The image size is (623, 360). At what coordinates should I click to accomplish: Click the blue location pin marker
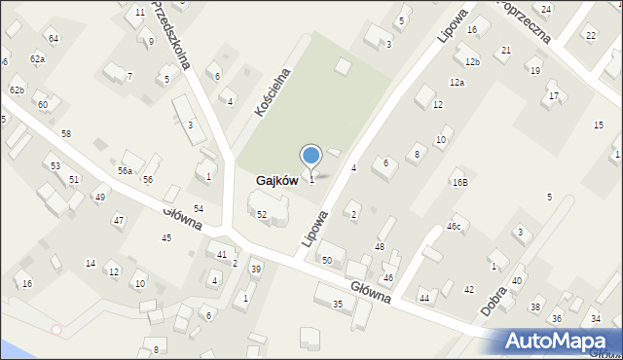[311, 157]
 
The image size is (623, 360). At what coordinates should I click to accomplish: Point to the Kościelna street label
[274, 92]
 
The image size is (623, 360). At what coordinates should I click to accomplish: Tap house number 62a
[37, 59]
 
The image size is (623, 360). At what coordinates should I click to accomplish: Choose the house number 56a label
[125, 170]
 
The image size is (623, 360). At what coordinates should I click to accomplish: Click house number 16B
[459, 182]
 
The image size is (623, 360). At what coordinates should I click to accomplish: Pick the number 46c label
[454, 226]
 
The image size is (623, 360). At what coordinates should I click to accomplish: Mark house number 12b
[472, 62]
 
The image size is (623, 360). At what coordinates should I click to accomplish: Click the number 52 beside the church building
[262, 214]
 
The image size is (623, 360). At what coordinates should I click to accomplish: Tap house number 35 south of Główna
[338, 305]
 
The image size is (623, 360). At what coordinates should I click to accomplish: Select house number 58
[66, 133]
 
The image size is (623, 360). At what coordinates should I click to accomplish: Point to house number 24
[546, 9]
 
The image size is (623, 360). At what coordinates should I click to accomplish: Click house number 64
[54, 38]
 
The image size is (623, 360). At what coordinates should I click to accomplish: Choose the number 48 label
[380, 247]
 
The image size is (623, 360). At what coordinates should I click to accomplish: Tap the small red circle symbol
[55, 330]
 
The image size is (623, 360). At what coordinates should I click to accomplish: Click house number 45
[166, 238]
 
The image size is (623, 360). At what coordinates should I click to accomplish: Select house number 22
[591, 36]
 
